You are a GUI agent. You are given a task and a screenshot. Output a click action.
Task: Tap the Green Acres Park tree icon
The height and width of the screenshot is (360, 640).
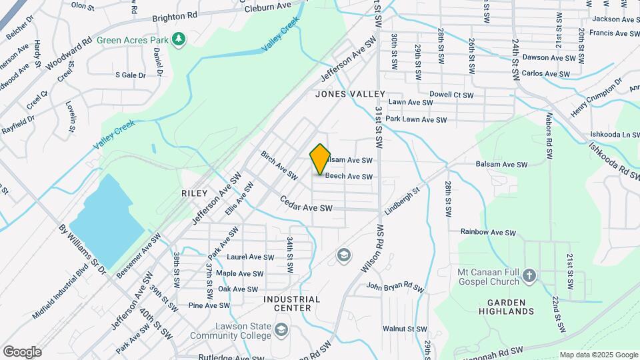click(178, 40)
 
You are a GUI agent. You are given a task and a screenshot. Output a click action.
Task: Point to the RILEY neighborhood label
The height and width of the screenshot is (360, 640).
click(195, 192)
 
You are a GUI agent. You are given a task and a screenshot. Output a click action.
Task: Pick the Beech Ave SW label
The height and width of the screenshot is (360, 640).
click(348, 177)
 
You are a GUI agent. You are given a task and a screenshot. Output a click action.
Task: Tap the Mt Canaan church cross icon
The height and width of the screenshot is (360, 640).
click(529, 275)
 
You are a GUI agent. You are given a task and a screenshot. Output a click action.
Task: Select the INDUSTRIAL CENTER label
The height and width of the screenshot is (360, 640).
click(291, 303)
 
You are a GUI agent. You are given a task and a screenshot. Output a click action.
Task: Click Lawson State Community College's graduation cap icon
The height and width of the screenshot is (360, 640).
click(281, 330)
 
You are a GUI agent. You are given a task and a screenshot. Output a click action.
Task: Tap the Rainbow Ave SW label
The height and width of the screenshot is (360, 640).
click(489, 232)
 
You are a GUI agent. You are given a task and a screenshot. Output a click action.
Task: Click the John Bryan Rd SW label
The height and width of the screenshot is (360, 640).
click(395, 287)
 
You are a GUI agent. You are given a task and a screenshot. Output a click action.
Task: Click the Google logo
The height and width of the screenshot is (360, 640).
click(22, 352)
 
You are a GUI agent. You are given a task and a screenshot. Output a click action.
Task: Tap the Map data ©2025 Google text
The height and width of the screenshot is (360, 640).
click(599, 355)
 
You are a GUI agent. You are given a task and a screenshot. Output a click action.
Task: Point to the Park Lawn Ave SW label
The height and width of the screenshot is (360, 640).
click(415, 119)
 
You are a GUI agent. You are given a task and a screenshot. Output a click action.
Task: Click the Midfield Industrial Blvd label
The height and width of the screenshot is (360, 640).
click(64, 293)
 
